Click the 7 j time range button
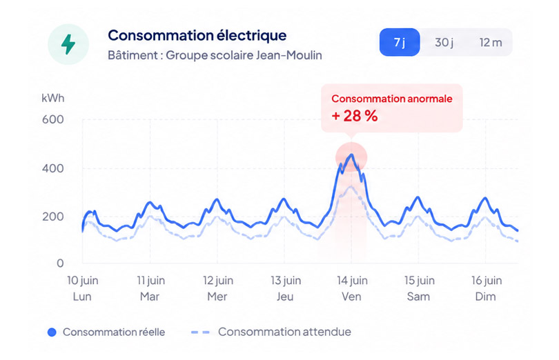(x=400, y=42)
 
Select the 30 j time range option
(x=444, y=43)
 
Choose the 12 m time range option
(x=491, y=43)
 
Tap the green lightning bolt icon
(x=68, y=44)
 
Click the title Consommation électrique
(x=197, y=35)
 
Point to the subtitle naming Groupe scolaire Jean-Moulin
(x=215, y=55)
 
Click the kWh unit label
(x=53, y=98)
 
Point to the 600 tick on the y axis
(x=53, y=119)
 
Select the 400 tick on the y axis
(x=53, y=168)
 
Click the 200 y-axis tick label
(x=53, y=217)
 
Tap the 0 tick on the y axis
(x=60, y=263)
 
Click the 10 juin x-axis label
(x=83, y=281)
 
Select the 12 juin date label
(x=218, y=281)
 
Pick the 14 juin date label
(x=352, y=281)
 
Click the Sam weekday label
(x=418, y=297)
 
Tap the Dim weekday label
(x=486, y=297)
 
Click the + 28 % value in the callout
(x=354, y=116)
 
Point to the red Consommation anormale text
(x=392, y=99)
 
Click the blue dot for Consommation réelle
(x=52, y=332)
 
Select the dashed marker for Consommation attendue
(x=200, y=332)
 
